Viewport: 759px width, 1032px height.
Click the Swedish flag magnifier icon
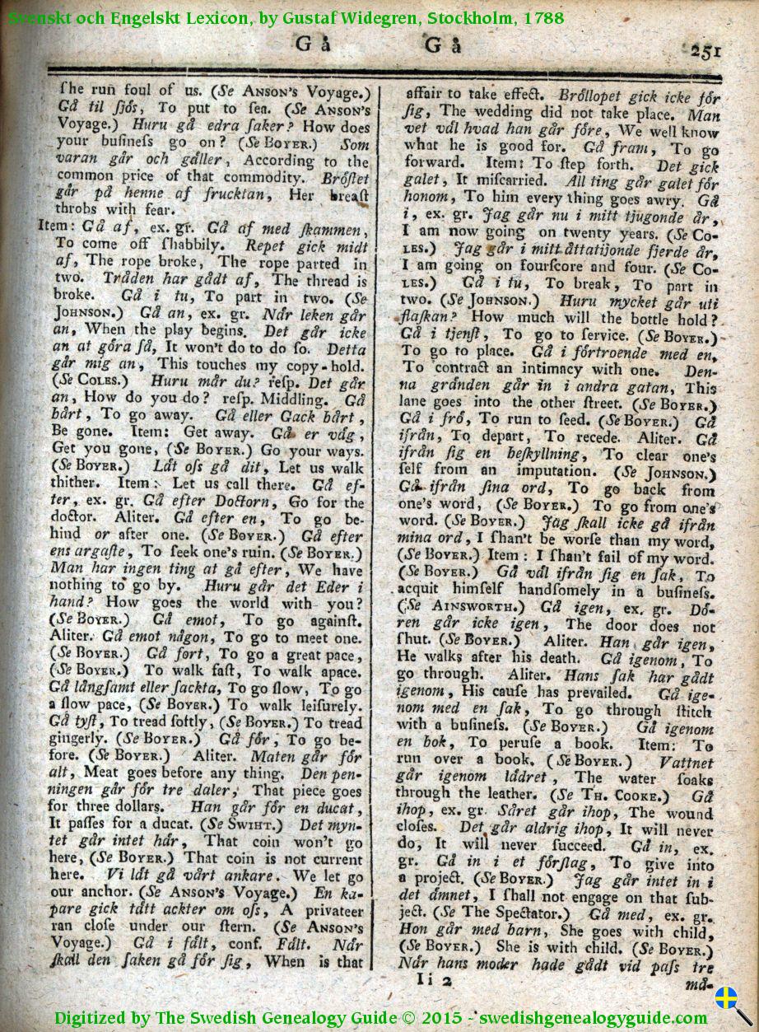(x=728, y=1003)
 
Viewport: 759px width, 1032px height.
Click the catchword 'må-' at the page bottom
(x=701, y=984)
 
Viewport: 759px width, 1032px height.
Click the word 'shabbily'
(x=198, y=245)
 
